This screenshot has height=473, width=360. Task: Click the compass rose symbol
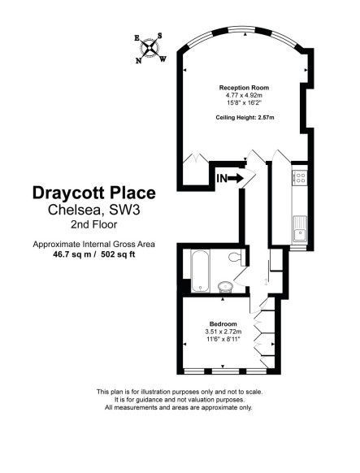(150, 47)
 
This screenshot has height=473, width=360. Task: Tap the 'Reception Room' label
(244, 87)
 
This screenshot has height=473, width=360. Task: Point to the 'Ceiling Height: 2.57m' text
(245, 118)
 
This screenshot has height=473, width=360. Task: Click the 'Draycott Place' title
(92, 193)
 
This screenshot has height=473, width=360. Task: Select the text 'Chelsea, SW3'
(92, 210)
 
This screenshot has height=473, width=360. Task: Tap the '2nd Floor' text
(92, 224)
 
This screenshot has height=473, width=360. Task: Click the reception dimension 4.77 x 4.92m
(244, 94)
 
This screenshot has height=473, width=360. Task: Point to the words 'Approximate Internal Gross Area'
(93, 244)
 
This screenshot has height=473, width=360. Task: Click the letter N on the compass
(139, 59)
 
